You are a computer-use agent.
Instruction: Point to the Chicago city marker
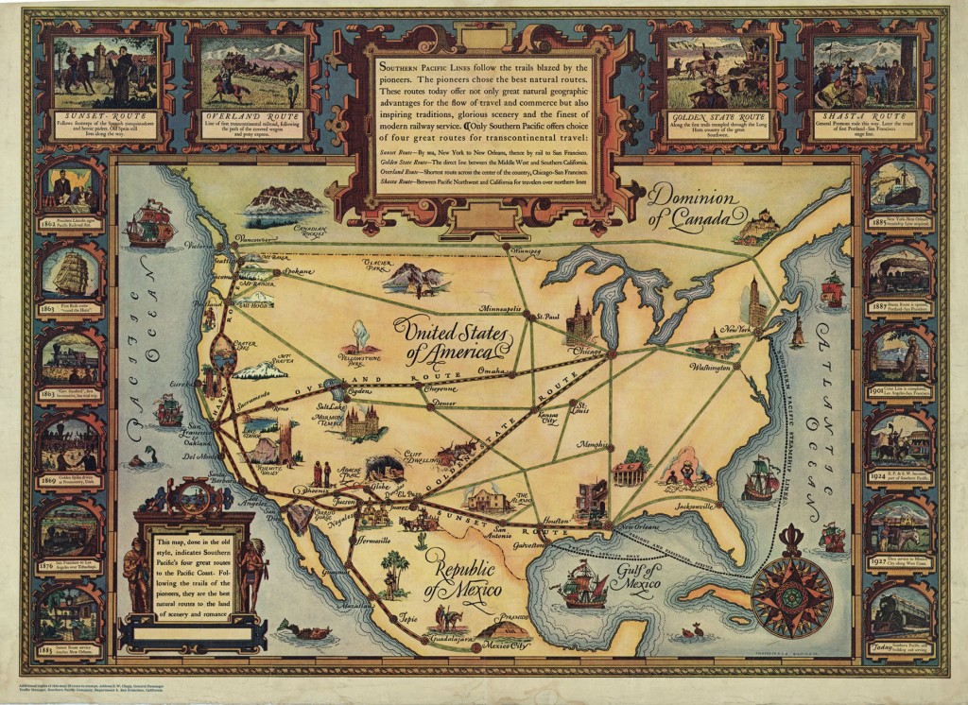612,354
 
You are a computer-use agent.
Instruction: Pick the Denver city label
443,403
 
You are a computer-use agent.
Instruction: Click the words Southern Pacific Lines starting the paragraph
426,68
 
